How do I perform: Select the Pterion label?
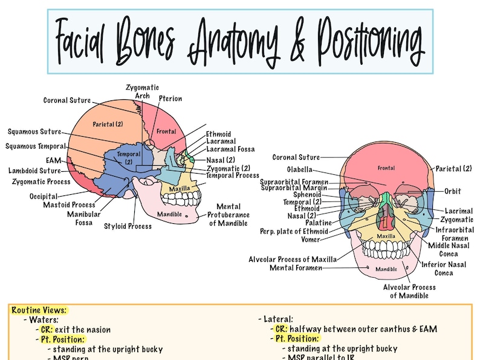pos(170,99)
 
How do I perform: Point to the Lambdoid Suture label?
pos(34,171)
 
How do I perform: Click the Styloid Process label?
pos(128,226)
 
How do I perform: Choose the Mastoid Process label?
pos(69,205)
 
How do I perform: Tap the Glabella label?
pos(299,169)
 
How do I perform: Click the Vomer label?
pos(310,240)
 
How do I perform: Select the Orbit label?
pos(452,191)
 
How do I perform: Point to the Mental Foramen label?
pos(295,268)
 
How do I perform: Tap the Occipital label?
pos(44,197)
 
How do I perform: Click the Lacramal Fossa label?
pos(230,149)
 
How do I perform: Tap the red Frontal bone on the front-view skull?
pos(386,168)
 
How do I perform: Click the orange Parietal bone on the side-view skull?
pos(108,124)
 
